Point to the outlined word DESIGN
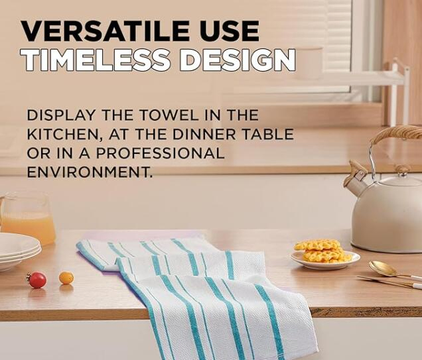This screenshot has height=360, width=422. (x=238, y=61)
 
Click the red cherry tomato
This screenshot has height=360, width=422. (x=37, y=280)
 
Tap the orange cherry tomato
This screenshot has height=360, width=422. (x=66, y=278)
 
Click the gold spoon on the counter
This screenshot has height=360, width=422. (x=388, y=269)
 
